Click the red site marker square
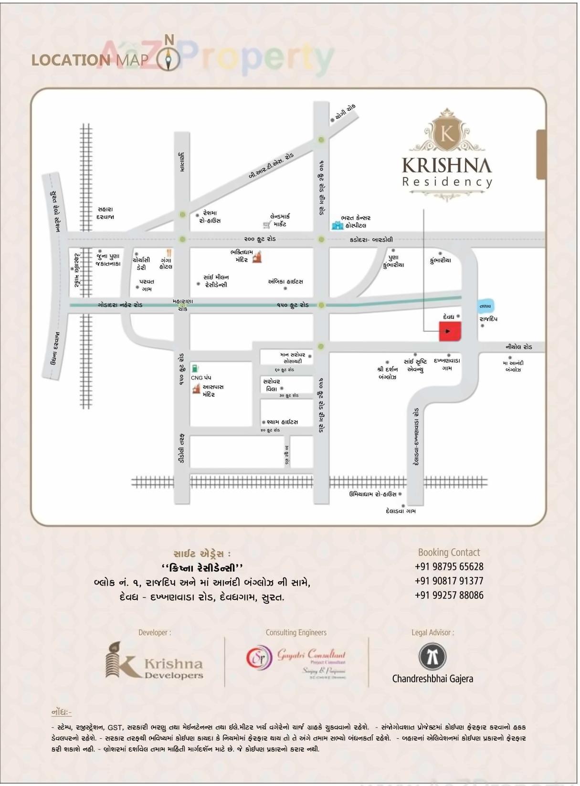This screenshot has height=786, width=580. click(450, 331)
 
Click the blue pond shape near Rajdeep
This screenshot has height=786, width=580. click(485, 306)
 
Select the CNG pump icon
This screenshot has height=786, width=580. click(195, 368)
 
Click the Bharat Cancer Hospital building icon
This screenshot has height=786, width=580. click(337, 224)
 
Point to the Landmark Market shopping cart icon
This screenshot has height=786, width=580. click(266, 224)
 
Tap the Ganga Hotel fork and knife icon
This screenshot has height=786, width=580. click(169, 252)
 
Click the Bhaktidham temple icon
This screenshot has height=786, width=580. click(258, 257)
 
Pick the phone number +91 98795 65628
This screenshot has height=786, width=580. click(449, 566)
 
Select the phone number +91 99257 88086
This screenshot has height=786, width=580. click(449, 595)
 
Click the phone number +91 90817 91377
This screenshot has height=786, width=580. click(449, 581)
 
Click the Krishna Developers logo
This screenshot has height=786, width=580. click(154, 661)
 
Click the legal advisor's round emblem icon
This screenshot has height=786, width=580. click(432, 656)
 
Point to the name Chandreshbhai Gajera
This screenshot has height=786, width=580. click(432, 679)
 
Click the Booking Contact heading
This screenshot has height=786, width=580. click(449, 552)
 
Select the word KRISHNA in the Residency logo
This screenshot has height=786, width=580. click(447, 165)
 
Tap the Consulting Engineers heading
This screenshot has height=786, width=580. click(296, 632)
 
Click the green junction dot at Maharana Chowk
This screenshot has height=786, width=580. click(182, 305)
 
